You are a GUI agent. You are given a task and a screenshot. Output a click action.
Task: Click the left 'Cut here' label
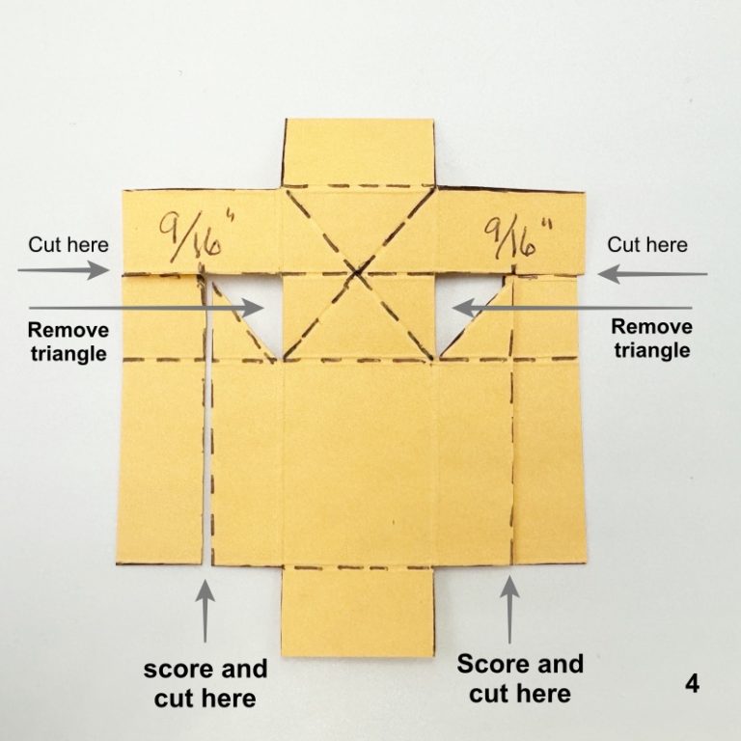click(68, 244)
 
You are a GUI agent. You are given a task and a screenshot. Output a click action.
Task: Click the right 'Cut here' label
click(645, 245)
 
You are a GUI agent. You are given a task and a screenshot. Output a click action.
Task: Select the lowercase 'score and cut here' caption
click(205, 683)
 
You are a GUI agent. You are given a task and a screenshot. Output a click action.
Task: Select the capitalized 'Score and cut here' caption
click(520, 678)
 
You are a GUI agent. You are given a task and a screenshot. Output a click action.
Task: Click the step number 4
click(691, 683)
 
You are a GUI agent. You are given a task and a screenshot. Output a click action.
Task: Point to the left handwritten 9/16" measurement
click(192, 235)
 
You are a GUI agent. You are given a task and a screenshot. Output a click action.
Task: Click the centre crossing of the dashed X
click(357, 275)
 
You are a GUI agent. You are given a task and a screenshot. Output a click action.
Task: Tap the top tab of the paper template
click(358, 151)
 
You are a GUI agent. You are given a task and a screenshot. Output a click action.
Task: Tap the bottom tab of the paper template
click(357, 610)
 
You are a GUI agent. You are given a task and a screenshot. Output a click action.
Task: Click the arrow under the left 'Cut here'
click(64, 272)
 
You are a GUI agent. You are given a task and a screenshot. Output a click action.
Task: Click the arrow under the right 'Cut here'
click(652, 274)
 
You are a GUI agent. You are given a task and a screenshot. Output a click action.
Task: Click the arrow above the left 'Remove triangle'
click(145, 308)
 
